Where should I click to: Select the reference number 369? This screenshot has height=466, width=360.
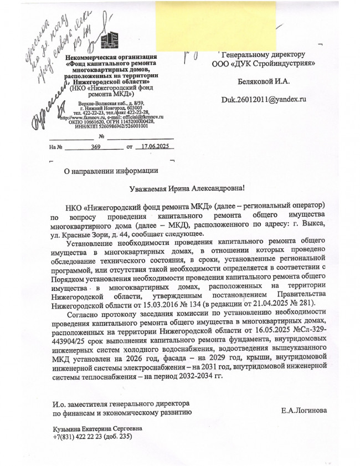point(96,147)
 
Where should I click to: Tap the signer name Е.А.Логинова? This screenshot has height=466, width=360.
point(304,411)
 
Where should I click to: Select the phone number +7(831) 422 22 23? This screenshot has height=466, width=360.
point(77,437)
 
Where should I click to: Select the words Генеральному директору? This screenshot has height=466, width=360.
point(264,55)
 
